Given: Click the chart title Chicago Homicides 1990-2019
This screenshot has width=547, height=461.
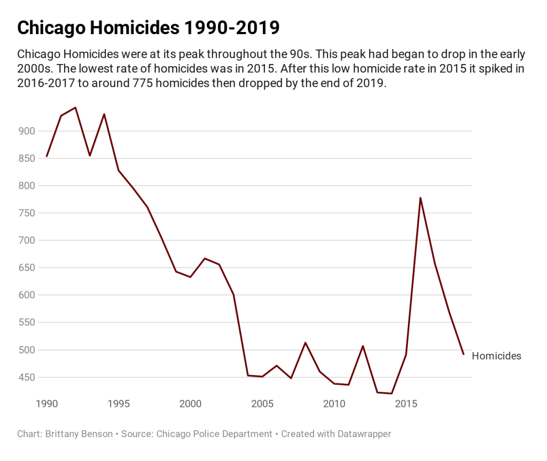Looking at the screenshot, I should point(149,28).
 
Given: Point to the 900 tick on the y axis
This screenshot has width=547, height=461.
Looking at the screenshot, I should point(26,131).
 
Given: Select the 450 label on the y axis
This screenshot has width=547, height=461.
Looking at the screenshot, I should point(26,377).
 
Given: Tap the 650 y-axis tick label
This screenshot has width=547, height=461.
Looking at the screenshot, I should point(26,268).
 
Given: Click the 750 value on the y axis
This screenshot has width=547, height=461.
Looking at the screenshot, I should point(26,213).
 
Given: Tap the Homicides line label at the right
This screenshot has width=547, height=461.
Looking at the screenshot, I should point(496,356).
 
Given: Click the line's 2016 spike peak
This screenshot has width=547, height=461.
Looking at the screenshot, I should point(420,197).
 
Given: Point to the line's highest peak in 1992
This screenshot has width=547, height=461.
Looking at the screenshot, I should point(75,107).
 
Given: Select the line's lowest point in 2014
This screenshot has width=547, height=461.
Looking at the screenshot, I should point(392,393).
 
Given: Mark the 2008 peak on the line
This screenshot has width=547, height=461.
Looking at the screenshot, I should point(305,343).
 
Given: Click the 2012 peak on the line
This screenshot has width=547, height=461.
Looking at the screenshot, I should point(363,346).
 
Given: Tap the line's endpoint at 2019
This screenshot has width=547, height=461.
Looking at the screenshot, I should point(464,354).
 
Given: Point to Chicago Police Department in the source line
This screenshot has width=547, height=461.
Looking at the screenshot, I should point(214,434).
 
